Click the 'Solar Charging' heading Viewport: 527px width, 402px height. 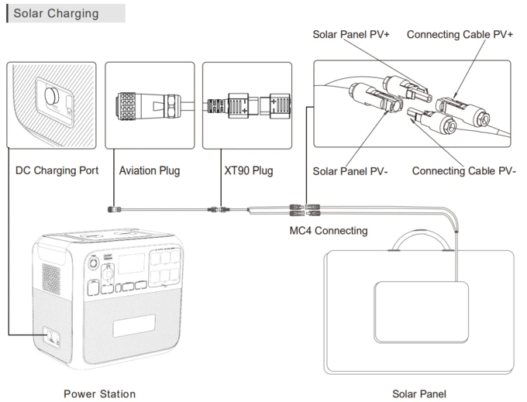(x=55, y=13)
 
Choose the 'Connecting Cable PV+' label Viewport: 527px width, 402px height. (x=460, y=35)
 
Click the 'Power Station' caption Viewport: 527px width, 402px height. (x=99, y=393)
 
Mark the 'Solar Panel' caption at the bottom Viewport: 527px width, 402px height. (x=418, y=393)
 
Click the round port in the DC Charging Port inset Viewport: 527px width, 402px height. (x=52, y=97)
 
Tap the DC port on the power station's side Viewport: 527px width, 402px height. (x=50, y=337)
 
